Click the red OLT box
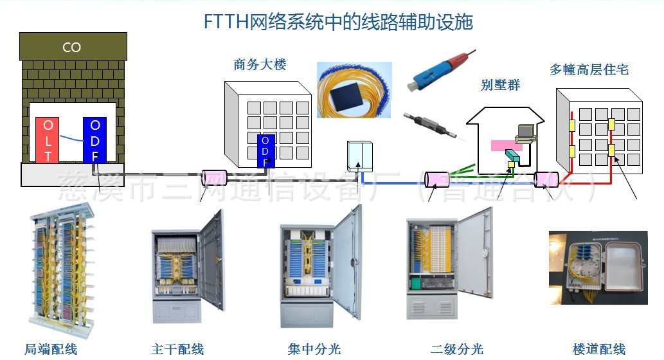click(x=48, y=139)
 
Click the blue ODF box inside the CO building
click(x=95, y=139)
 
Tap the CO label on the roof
click(x=71, y=48)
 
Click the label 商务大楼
click(x=260, y=65)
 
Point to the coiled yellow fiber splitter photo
click(x=354, y=89)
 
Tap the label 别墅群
click(x=501, y=85)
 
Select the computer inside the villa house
click(x=526, y=132)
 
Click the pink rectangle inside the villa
click(x=507, y=146)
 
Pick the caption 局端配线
click(x=51, y=350)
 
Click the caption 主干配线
click(x=177, y=350)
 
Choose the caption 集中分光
click(x=314, y=350)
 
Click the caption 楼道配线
click(x=598, y=350)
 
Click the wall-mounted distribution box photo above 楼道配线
click(x=597, y=267)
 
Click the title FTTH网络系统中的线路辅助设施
click(x=338, y=22)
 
